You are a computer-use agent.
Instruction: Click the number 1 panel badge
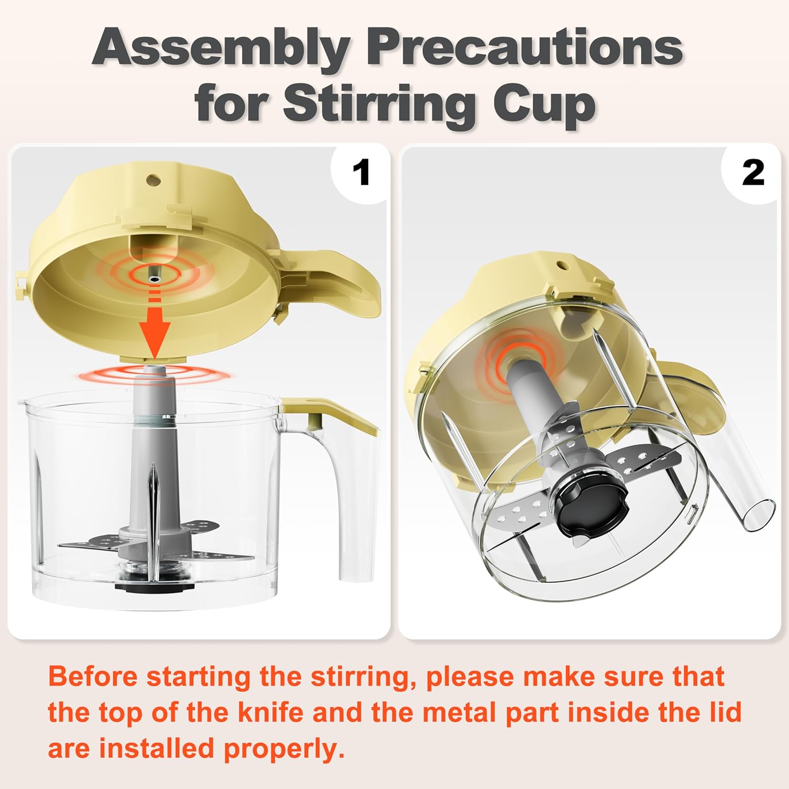tap(361, 173)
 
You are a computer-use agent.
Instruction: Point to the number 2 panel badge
tap(753, 173)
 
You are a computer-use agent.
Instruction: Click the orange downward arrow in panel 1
tap(154, 329)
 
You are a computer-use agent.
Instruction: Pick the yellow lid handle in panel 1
tap(342, 284)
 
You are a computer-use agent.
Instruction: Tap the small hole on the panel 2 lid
tap(561, 267)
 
